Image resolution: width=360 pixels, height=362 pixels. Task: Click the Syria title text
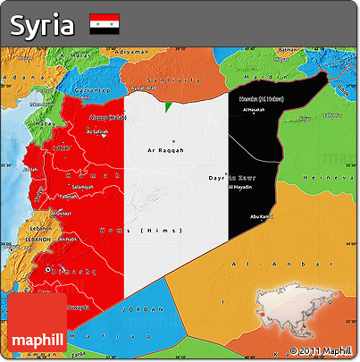tap(41, 25)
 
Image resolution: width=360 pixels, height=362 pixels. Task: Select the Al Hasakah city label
tap(255, 110)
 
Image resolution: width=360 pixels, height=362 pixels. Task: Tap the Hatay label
tap(39, 122)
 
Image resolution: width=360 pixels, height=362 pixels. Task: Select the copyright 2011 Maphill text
tap(322, 349)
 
